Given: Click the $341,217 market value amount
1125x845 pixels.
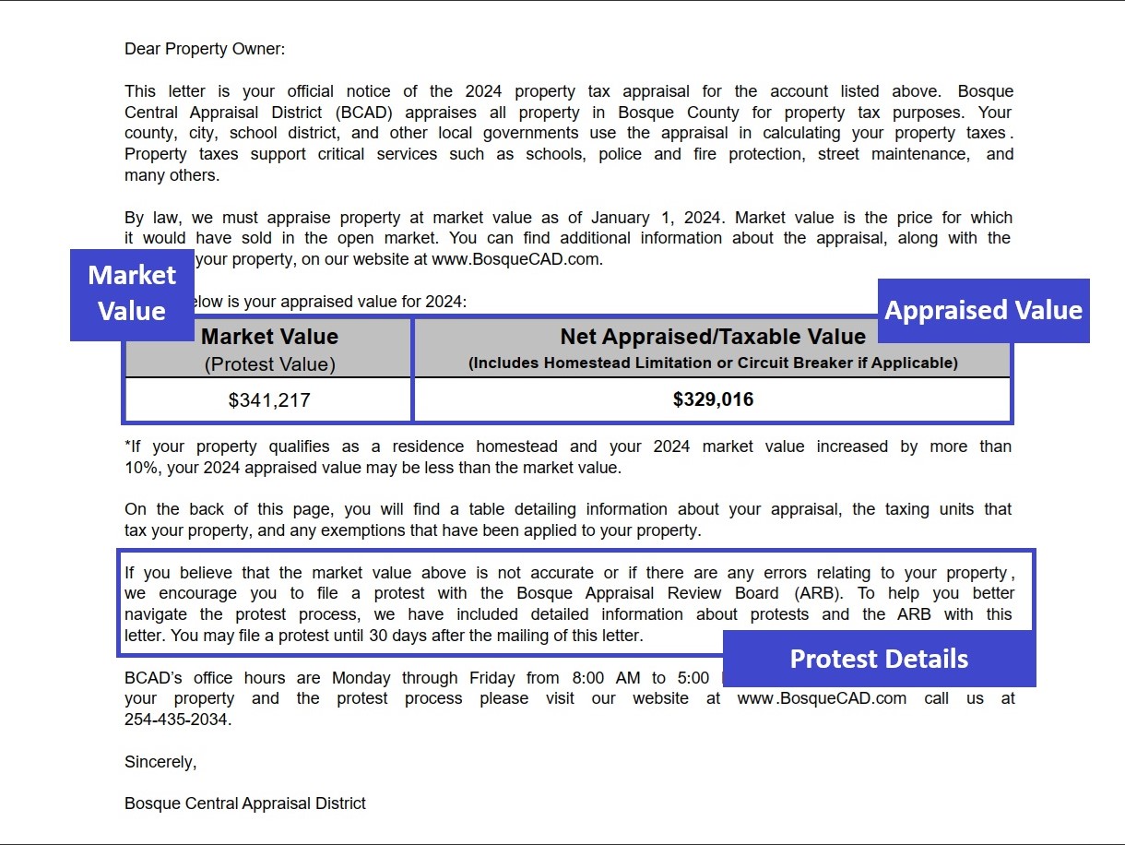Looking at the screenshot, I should [x=269, y=400].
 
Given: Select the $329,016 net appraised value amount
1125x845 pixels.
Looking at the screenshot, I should [x=713, y=399].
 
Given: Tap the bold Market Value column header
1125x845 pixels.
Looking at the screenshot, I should [x=269, y=337].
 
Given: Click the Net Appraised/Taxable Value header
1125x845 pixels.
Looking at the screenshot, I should [x=713, y=337].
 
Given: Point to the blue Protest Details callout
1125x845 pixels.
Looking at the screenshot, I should [x=879, y=659].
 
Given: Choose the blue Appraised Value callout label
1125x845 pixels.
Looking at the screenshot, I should [x=983, y=310].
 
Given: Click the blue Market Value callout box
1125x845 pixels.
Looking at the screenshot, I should [x=132, y=293].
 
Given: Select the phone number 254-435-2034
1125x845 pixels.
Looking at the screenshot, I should [x=176, y=720].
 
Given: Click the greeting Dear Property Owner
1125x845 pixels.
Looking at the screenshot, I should [x=205, y=49].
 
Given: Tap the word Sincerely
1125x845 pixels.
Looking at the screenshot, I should [x=160, y=762].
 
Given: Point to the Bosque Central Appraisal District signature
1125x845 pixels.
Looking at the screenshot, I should [x=245, y=803].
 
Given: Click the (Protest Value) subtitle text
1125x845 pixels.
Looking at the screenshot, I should [x=269, y=364].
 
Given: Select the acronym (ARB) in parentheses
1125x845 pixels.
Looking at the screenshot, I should [x=811, y=593].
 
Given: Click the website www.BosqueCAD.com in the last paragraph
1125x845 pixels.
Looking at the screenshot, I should [x=822, y=698].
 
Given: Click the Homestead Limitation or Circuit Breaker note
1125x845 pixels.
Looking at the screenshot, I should [x=713, y=363].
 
